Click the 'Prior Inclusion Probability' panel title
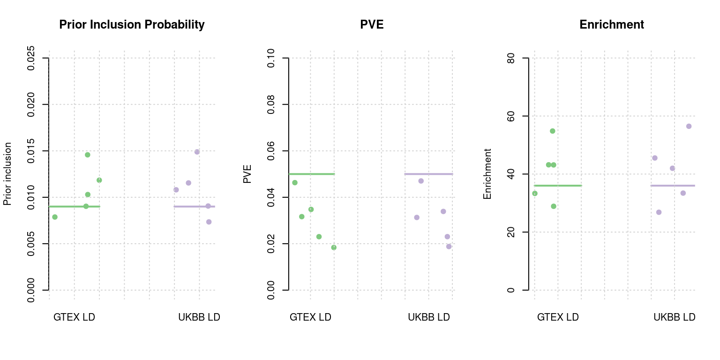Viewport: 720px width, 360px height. pyautogui.click(x=132, y=24)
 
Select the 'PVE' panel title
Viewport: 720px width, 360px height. pyautogui.click(x=372, y=24)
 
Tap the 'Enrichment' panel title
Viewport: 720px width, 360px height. pyautogui.click(x=612, y=24)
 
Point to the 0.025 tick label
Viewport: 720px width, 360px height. pyautogui.click(x=31, y=58)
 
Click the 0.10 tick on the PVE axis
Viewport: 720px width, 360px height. pyautogui.click(x=271, y=58)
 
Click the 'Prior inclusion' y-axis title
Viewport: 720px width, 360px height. pyautogui.click(x=7, y=174)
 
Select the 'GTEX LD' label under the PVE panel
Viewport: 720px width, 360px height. pyautogui.click(x=310, y=317)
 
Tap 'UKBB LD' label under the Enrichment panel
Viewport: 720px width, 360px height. pyautogui.click(x=674, y=317)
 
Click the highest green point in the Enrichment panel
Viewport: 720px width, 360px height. pyautogui.click(x=552, y=131)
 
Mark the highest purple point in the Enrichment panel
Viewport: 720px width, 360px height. pyautogui.click(x=689, y=126)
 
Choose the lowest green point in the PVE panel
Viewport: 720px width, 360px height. pyautogui.click(x=334, y=247)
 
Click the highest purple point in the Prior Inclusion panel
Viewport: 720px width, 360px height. pyautogui.click(x=197, y=152)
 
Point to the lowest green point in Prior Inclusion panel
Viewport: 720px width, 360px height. pyautogui.click(x=55, y=217)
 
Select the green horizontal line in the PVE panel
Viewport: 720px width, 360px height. pyautogui.click(x=312, y=174)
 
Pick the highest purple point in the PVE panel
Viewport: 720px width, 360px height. pyautogui.click(x=421, y=181)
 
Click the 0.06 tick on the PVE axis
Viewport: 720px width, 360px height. pyautogui.click(x=271, y=151)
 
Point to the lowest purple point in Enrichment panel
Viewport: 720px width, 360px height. pyautogui.click(x=659, y=212)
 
